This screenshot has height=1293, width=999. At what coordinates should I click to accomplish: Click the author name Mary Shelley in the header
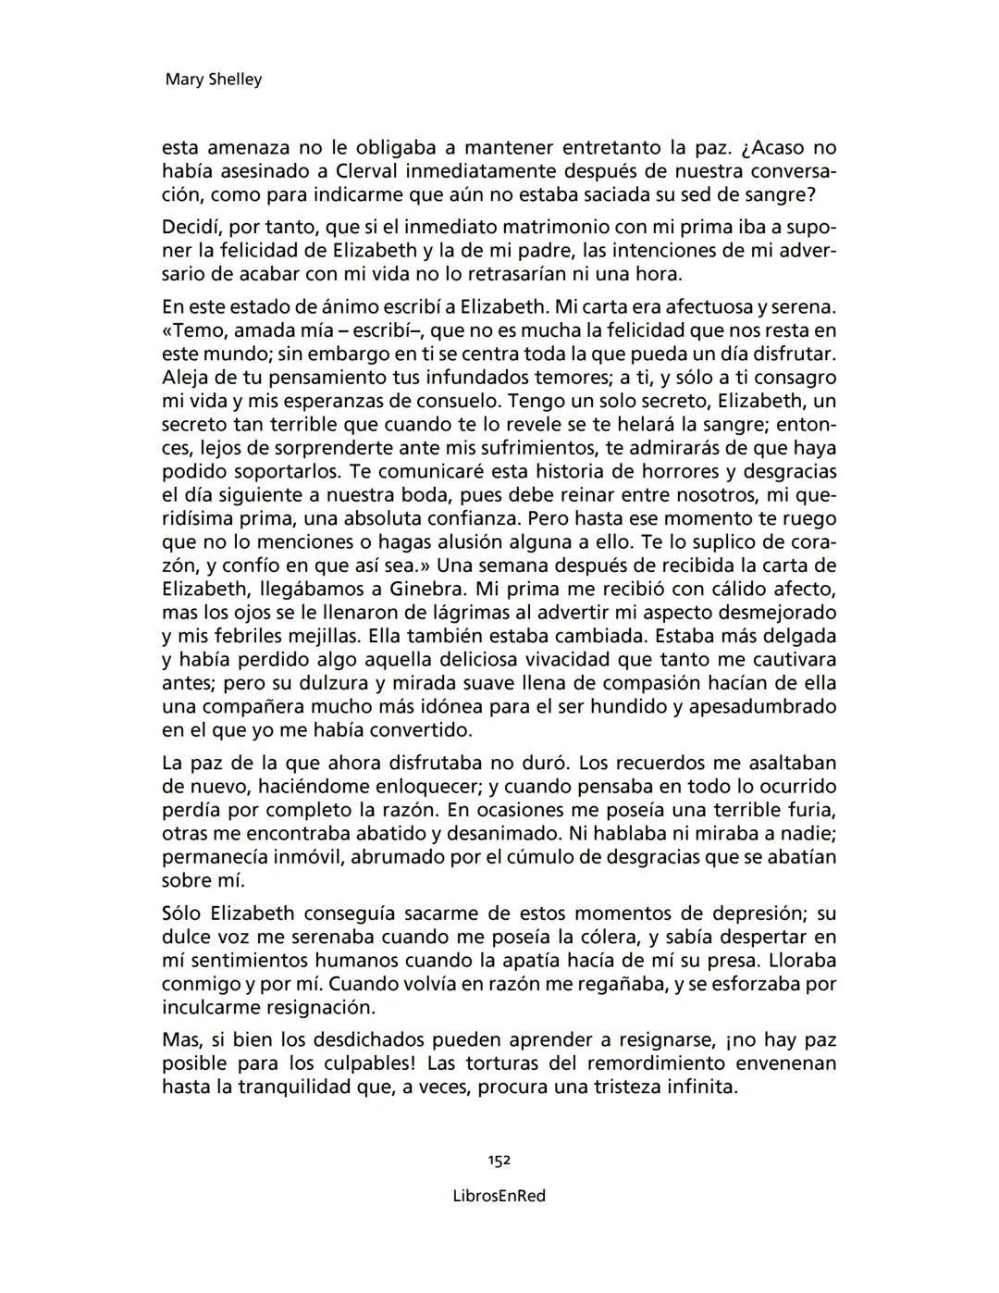[x=213, y=80]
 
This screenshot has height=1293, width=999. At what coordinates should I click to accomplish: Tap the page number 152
[x=499, y=1161]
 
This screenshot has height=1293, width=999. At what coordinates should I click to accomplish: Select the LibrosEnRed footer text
[x=499, y=1196]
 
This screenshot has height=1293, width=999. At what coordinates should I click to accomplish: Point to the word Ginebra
[x=429, y=590]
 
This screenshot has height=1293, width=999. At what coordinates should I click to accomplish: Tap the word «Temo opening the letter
[x=194, y=330]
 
